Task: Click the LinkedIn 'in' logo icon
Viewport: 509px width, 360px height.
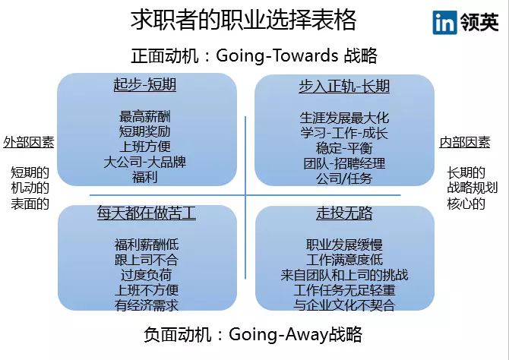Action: coord(444,22)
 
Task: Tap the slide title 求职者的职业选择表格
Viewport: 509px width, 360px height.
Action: coord(243,20)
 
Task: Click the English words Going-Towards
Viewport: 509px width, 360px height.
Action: coord(277,55)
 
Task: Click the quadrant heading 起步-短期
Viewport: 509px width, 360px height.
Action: coord(145,85)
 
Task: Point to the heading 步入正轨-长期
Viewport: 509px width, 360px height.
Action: coord(344,87)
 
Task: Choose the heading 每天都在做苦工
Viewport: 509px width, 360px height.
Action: coord(147,213)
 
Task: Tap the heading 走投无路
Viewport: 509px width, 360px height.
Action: coord(344,213)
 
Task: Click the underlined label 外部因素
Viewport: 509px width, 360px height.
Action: coord(29,142)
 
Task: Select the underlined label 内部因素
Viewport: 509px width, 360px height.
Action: coord(465,142)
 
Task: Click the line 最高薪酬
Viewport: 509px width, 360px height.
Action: coord(145,116)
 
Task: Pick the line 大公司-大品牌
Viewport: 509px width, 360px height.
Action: coord(145,162)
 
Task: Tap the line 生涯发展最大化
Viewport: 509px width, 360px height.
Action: coord(344,118)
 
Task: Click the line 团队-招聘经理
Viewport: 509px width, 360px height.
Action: coord(344,163)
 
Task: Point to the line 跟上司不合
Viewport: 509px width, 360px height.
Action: coord(147,260)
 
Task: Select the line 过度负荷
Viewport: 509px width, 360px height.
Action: coord(147,275)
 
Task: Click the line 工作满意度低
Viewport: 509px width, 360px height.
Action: coord(344,260)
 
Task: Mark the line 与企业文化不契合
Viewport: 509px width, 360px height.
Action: coord(344,305)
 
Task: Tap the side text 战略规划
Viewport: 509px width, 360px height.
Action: coord(473,188)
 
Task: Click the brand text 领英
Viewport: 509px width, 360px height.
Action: coord(479,22)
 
